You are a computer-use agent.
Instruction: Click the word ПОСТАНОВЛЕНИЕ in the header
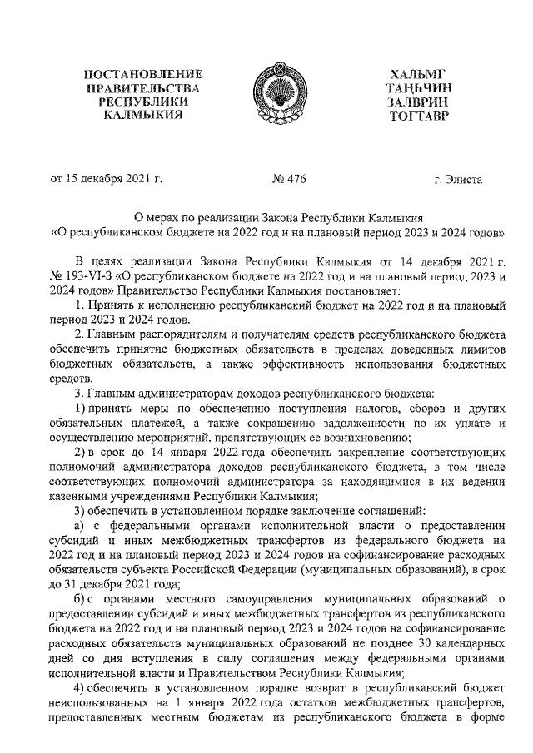coord(149,75)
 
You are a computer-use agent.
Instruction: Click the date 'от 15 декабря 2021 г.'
coord(106,178)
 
